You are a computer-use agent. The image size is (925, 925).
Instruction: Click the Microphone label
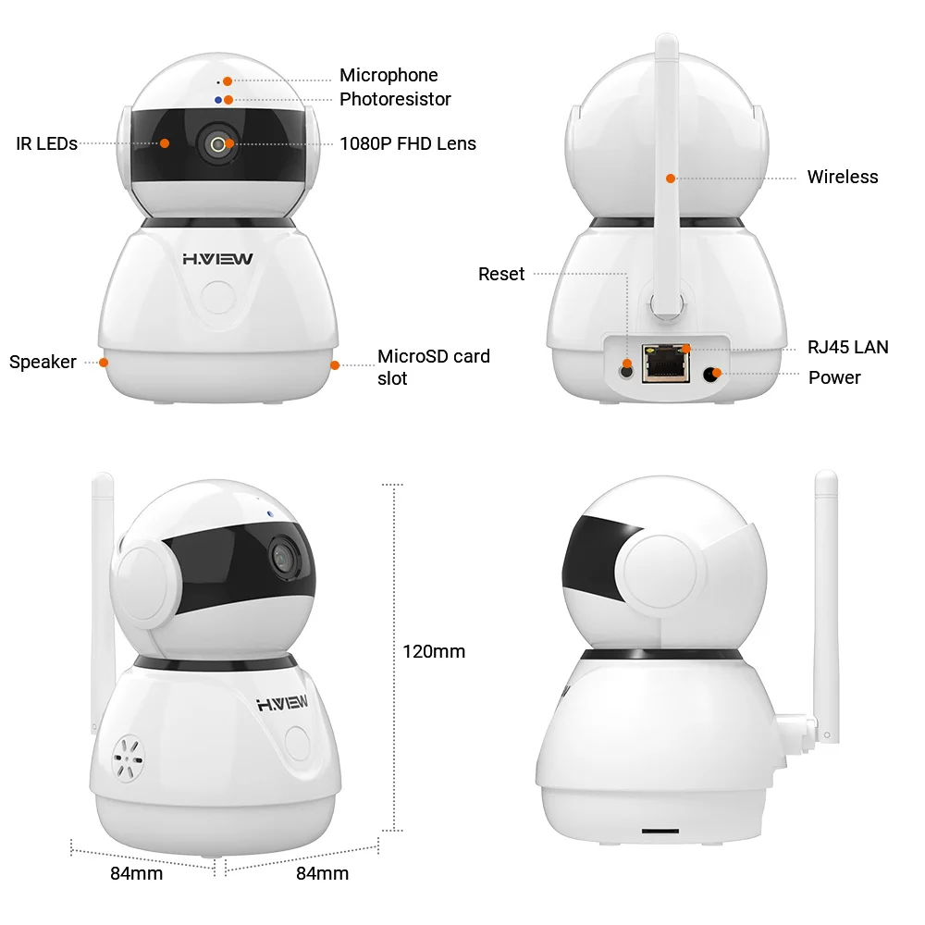(388, 75)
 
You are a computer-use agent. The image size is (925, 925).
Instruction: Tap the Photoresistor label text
(395, 99)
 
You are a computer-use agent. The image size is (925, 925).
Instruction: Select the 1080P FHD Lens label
(407, 143)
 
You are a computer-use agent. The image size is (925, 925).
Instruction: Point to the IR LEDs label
(46, 143)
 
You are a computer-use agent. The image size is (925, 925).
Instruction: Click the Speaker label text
(43, 362)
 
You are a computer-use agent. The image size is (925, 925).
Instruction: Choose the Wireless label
(842, 177)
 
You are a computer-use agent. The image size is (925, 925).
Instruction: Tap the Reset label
(500, 274)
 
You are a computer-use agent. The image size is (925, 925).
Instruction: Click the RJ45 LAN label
(847, 347)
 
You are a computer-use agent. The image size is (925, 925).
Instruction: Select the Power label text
(834, 377)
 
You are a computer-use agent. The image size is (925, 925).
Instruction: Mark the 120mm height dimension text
(434, 651)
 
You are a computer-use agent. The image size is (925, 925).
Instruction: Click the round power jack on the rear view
(711, 374)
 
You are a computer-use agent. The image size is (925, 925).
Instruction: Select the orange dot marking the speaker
(104, 362)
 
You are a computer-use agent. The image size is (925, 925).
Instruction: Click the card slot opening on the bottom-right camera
(659, 831)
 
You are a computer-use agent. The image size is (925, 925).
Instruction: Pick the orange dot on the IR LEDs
(165, 143)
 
